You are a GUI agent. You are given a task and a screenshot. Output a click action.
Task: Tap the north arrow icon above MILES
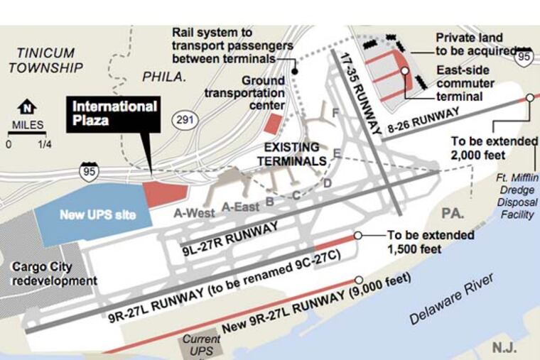click(x=28, y=108)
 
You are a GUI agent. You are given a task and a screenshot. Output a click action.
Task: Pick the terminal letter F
click(x=335, y=113)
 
